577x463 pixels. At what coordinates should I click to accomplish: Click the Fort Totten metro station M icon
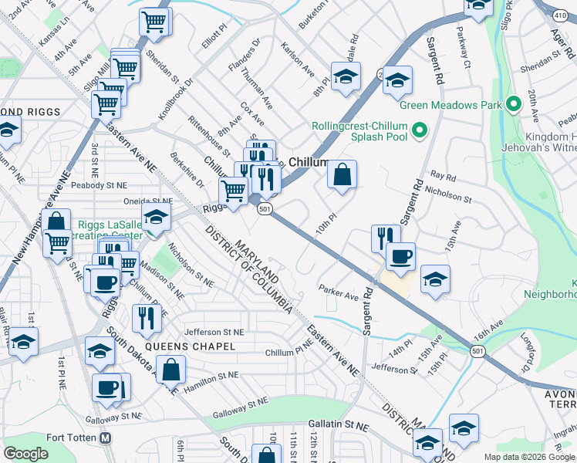(x=106, y=438)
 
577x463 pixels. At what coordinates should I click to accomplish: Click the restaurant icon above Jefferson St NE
(x=146, y=318)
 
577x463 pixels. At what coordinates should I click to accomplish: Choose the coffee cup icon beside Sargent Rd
(x=400, y=256)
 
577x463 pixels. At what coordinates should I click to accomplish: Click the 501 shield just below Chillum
(x=265, y=209)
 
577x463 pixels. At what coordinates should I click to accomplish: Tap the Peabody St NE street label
(x=98, y=185)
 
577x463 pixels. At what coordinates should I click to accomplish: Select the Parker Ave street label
(x=339, y=292)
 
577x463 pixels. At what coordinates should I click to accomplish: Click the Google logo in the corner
(x=25, y=454)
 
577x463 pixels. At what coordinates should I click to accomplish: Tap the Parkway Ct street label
(x=463, y=47)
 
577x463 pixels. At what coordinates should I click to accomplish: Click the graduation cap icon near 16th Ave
(x=436, y=279)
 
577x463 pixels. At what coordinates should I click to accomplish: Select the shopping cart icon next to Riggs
(x=232, y=190)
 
